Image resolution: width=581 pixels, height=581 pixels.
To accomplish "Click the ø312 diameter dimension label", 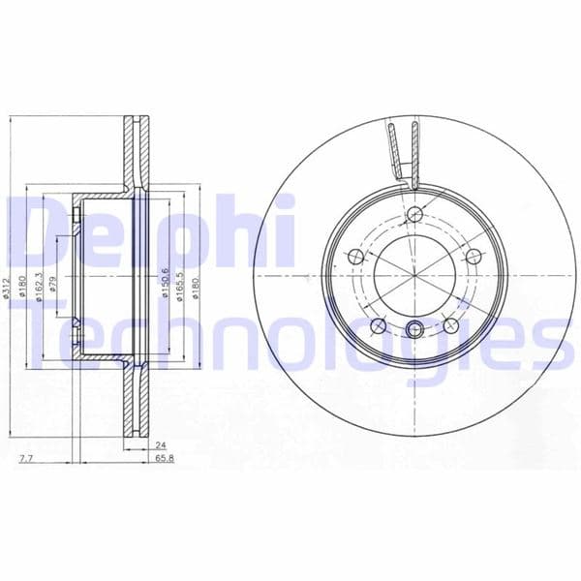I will tap(8, 288).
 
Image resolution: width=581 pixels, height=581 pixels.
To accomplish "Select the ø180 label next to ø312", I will tap(21, 288).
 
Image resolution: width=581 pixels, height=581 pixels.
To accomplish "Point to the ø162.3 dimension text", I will tap(39, 288).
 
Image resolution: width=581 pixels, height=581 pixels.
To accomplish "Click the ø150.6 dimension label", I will tap(167, 288).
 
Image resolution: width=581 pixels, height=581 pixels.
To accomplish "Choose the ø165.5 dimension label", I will tap(180, 288).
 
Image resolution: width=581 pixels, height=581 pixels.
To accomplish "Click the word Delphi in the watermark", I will tap(145, 232).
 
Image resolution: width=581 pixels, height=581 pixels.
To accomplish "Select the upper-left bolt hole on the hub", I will tap(354, 257).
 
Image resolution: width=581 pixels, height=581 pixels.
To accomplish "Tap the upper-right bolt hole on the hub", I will tap(474, 257).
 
